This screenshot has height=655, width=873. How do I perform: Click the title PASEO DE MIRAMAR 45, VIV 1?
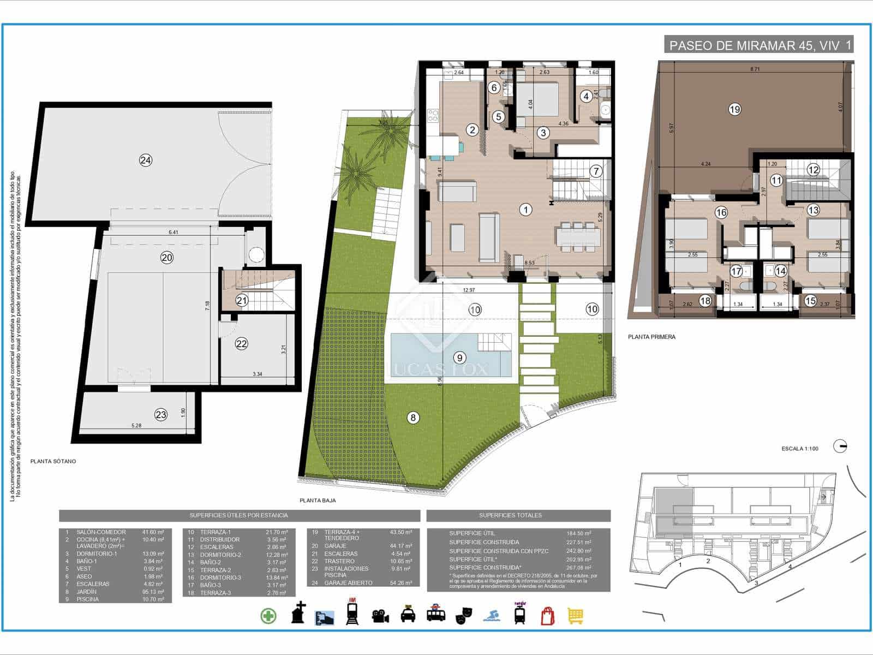[x=759, y=45]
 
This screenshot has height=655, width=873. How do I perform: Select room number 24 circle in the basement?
[x=145, y=160]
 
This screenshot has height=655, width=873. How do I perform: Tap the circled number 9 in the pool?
[x=460, y=358]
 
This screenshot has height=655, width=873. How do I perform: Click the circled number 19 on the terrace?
[x=734, y=109]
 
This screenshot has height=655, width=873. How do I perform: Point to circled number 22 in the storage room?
[x=241, y=343]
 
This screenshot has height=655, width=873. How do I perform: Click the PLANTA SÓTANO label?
[x=53, y=461]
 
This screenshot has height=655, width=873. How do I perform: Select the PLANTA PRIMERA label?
[x=651, y=337]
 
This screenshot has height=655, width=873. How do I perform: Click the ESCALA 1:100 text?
[x=800, y=449]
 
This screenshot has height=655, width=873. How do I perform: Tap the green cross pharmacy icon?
[x=268, y=616]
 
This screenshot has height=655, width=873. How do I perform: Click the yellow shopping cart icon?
[x=576, y=616]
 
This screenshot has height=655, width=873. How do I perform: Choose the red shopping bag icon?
[x=547, y=616]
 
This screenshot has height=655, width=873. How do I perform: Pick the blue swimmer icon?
[x=490, y=616]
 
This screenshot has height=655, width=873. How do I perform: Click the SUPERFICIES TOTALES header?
[x=510, y=515]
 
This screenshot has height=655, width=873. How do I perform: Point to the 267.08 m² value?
[x=579, y=568]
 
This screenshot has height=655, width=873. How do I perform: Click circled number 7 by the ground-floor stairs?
[x=596, y=171]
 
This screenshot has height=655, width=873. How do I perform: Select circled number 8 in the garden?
[x=413, y=418]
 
